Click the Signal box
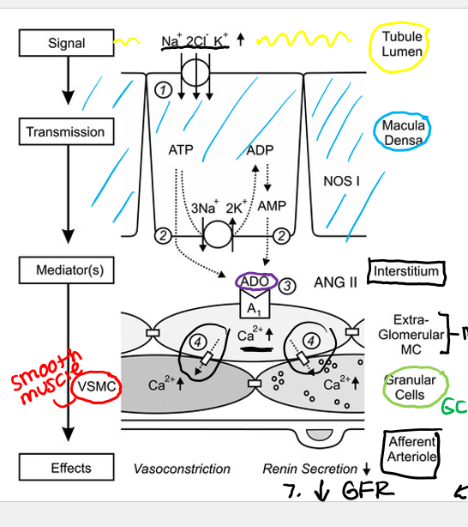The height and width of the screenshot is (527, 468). (67, 42)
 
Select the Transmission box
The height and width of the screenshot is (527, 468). (65, 132)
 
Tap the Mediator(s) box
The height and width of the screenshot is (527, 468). (69, 270)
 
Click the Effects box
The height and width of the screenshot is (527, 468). (70, 469)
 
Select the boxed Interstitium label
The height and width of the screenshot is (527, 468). (405, 272)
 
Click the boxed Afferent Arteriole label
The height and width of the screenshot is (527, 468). (411, 449)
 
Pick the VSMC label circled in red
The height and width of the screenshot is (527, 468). (96, 385)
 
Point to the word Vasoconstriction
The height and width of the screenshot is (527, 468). (182, 469)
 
